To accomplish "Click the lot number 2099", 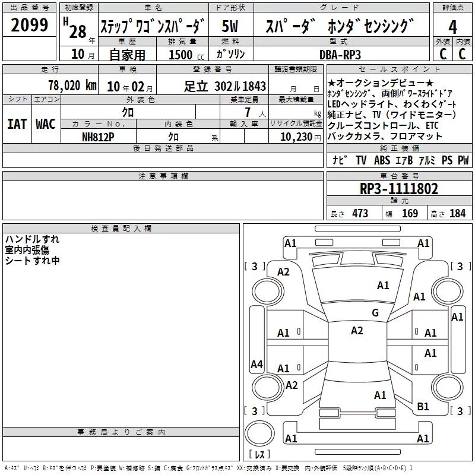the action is (x=30, y=25).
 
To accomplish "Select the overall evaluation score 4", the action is (x=452, y=27).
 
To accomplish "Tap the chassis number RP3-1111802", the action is (x=399, y=189).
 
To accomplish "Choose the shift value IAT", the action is (x=17, y=124).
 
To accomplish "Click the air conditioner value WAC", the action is (x=45, y=124).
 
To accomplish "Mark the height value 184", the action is (x=457, y=214).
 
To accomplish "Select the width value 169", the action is (x=410, y=214).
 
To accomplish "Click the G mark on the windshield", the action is (x=375, y=312).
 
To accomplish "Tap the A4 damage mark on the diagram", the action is (x=256, y=364).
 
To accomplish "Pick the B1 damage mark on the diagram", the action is (x=423, y=407).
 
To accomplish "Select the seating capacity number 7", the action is (x=245, y=112).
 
